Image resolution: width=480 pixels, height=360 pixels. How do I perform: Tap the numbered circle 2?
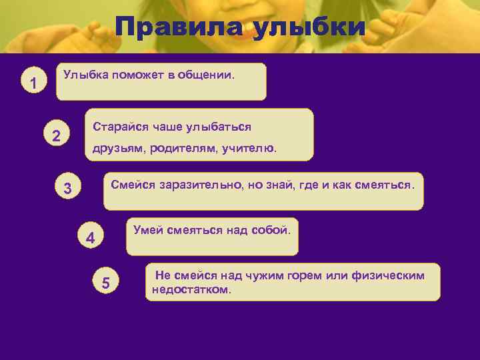click(57, 136)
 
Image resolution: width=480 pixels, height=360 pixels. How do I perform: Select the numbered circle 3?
click(67, 189)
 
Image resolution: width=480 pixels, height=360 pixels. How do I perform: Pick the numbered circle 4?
click(91, 238)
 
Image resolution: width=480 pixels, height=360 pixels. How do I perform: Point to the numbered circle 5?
click(105, 283)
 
